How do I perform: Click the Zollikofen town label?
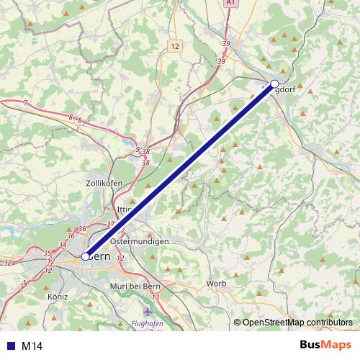tap(103, 184)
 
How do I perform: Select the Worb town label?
tap(215, 283)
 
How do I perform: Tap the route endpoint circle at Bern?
tap(85, 256)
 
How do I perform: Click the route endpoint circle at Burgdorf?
tap(274, 84)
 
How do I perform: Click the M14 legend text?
tap(32, 346)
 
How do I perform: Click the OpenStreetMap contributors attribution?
tap(297, 323)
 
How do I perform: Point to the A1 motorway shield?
tap(230, 4)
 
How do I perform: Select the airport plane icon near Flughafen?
tap(148, 312)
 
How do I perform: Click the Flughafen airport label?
tap(148, 323)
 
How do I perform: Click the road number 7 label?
tap(25, 104)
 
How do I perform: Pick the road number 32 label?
tap(7, 264)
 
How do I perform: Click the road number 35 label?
tap(48, 253)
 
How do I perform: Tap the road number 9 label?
tap(138, 150)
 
